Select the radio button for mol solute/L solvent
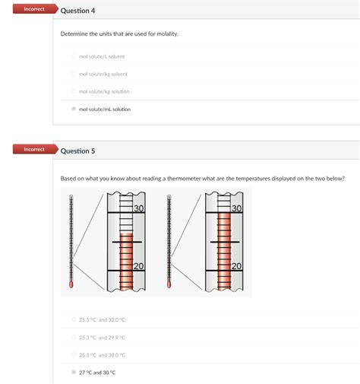pyautogui.click(x=74, y=56)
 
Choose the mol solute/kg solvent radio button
pyautogui.click(x=74, y=74)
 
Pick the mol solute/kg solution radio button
pyautogui.click(x=74, y=91)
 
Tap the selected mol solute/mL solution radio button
pyautogui.click(x=74, y=109)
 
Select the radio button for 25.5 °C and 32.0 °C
pyautogui.click(x=74, y=320)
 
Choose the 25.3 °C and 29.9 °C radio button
pyautogui.click(x=74, y=338)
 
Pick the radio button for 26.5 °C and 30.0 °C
pyautogui.click(x=74, y=355)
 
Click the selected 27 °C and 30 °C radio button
pyautogui.click(x=74, y=373)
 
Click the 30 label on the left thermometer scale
pyautogui.click(x=138, y=209)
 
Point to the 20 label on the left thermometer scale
pyautogui.click(x=138, y=265)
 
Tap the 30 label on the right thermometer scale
pyautogui.click(x=236, y=209)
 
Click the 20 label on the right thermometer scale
pyautogui.click(x=236, y=265)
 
